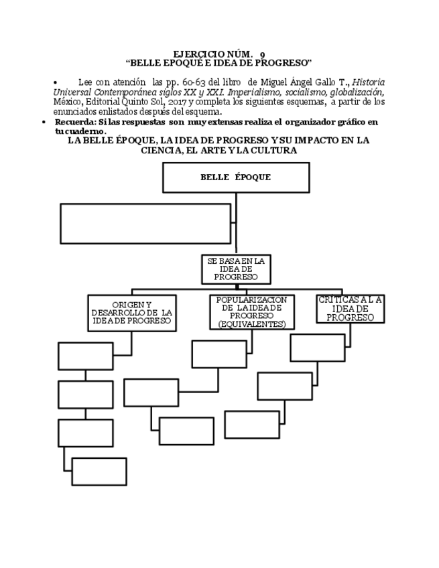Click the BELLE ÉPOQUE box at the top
pos(236,177)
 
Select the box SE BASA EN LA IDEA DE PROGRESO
pos(235,268)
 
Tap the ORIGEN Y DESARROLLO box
pos(131,313)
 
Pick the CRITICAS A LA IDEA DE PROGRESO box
pos(351,309)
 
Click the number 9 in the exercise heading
pos(262,54)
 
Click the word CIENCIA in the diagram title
pos(160,151)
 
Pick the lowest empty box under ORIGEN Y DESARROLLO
pos(99,471)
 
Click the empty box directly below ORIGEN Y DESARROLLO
pos(85,356)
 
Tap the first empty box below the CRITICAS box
pos(318,348)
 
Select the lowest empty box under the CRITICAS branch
pos(251,425)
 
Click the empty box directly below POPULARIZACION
pos(219,354)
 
